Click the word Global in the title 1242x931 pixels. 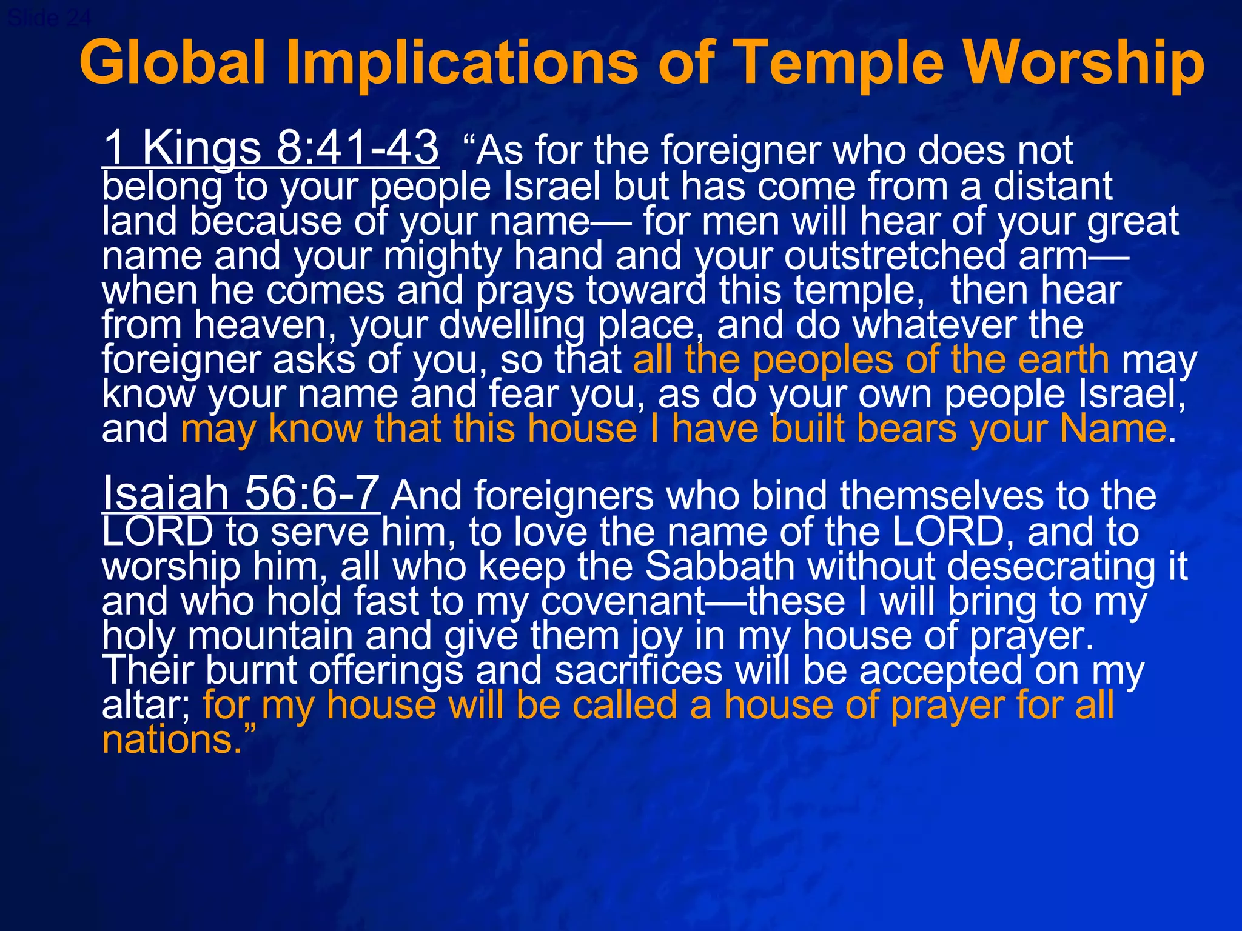coord(173,62)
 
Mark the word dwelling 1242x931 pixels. coord(512,325)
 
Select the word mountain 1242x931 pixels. coord(270,636)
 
